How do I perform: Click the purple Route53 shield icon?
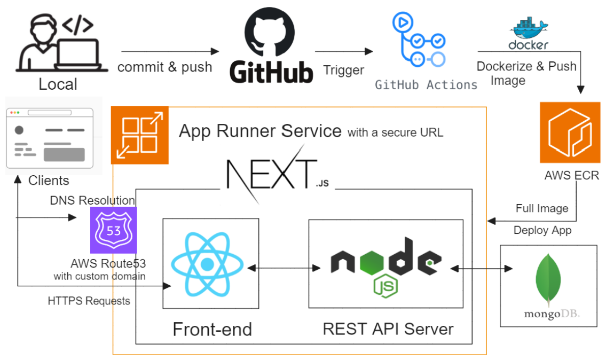pos(114,230)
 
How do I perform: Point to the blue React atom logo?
pos(206,264)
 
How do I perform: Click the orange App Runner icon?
pos(139,135)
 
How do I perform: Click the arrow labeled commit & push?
pos(170,51)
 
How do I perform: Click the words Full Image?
pos(542,208)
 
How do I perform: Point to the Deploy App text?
pos(542,230)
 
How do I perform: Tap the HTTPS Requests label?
pos(89,301)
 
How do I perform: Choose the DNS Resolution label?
pos(92,200)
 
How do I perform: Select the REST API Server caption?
pos(388,328)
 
